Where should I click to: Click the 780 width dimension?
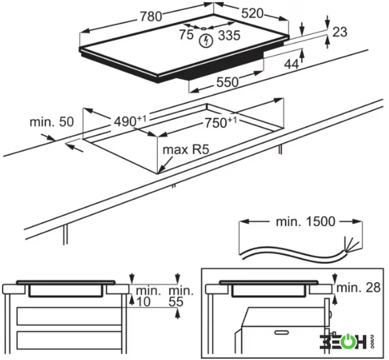(x=151, y=17)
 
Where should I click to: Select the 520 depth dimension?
(x=252, y=13)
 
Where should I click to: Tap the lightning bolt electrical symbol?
(x=206, y=41)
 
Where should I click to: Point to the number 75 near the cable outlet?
(x=187, y=34)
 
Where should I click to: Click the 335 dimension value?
(x=229, y=35)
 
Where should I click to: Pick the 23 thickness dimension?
(x=340, y=32)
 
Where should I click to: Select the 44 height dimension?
(x=291, y=65)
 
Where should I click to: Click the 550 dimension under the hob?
(x=227, y=82)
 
